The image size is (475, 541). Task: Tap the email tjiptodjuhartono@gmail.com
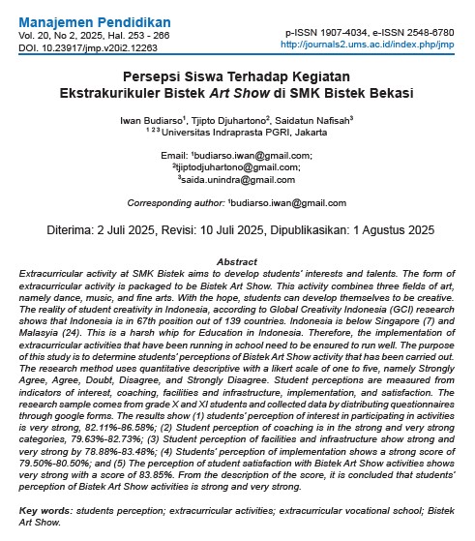click(x=238, y=166)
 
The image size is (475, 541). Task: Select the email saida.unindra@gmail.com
click(x=238, y=179)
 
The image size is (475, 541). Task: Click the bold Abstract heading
click(x=236, y=262)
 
